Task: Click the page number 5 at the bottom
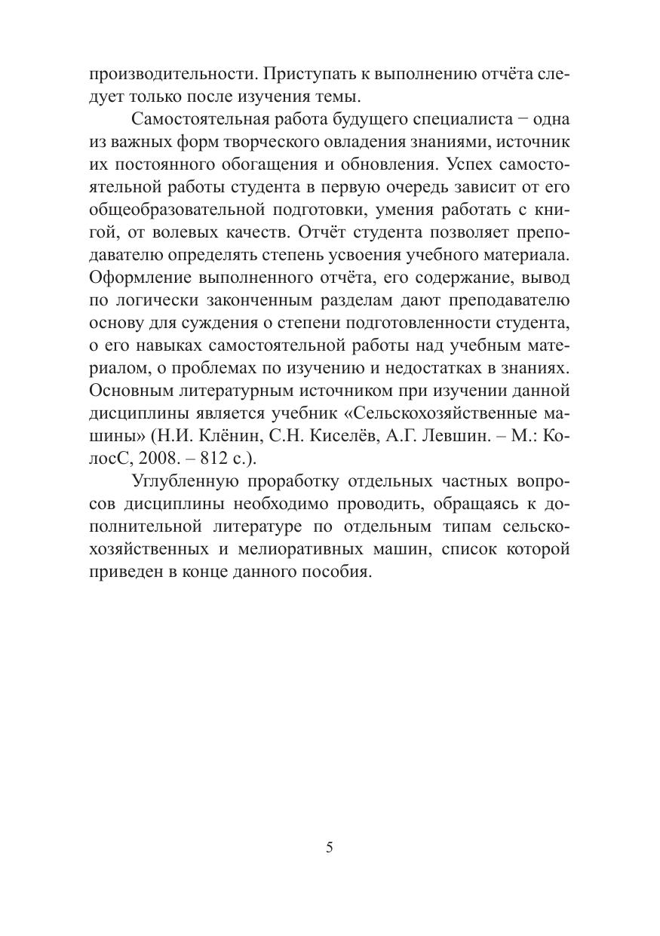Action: coord(330,847)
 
